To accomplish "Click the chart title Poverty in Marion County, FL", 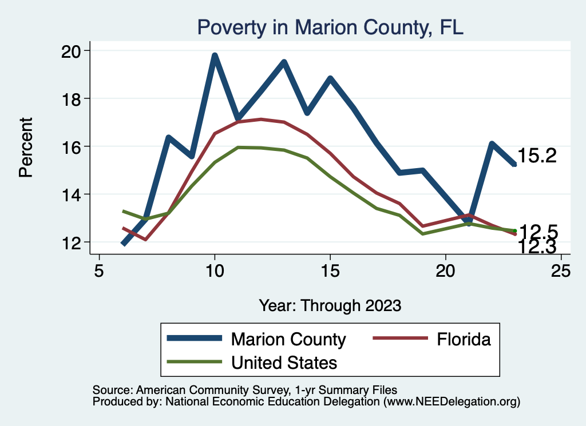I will point(330,27).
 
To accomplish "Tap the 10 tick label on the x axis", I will point(215,270).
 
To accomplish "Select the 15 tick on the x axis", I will point(330,270).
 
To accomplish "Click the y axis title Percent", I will point(26,147).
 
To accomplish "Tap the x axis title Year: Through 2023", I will point(330,305).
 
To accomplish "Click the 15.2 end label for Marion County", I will point(537,156).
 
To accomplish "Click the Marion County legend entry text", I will point(288,340).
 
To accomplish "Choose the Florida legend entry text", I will point(464,340).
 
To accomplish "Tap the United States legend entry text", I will point(284,363).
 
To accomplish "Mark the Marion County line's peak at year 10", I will point(215,55).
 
